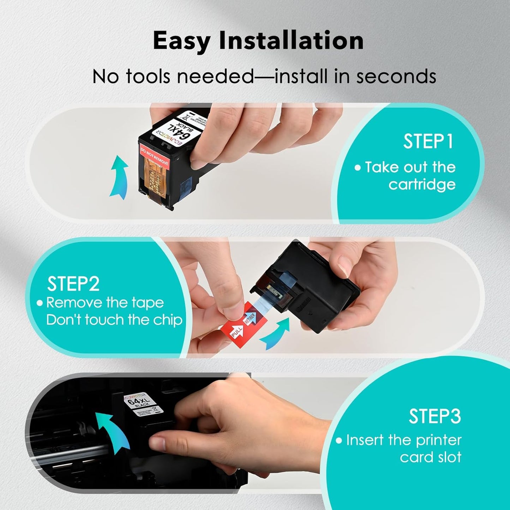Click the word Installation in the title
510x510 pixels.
tap(291, 40)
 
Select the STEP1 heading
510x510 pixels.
tap(428, 142)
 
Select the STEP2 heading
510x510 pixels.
tap(73, 284)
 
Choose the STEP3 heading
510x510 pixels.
tap(435, 416)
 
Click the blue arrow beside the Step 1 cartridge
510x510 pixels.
tap(119, 176)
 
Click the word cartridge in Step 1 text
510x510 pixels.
tap(422, 185)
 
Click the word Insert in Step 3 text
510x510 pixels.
tap(365, 440)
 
